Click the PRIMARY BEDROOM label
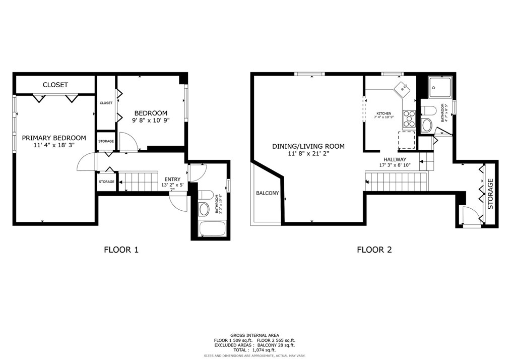(x=53, y=138)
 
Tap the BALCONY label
(x=267, y=193)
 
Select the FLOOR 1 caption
(x=121, y=249)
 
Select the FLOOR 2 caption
(x=374, y=249)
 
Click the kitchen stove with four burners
(x=409, y=118)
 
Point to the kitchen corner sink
(x=403, y=89)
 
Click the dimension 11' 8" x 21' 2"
(x=308, y=154)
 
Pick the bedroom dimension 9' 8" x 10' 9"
(x=151, y=121)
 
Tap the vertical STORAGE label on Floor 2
(x=490, y=194)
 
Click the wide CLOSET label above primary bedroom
(x=55, y=85)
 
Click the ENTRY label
(x=172, y=179)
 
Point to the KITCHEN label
(x=384, y=113)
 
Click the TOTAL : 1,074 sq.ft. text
(x=255, y=349)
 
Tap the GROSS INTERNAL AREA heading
(x=254, y=335)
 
